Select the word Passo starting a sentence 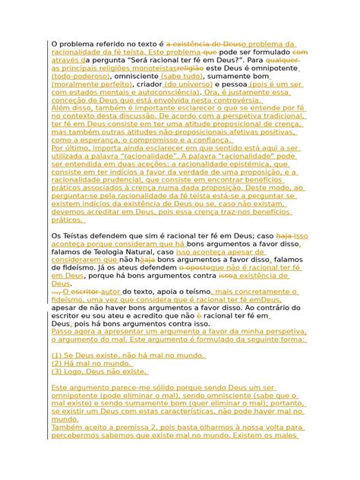click(63, 331)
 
